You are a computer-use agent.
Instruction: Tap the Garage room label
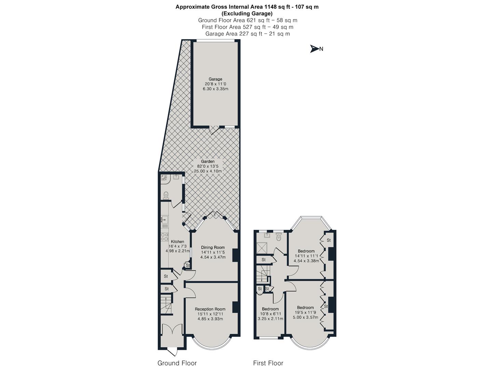(x=215, y=79)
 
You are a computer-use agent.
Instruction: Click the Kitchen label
(x=177, y=242)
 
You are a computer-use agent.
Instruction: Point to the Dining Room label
(x=213, y=247)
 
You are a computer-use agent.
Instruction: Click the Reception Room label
(x=210, y=309)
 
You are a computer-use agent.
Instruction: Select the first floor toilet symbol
(x=278, y=236)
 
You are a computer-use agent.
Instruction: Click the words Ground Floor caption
(x=177, y=363)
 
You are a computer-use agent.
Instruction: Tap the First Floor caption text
(x=268, y=363)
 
